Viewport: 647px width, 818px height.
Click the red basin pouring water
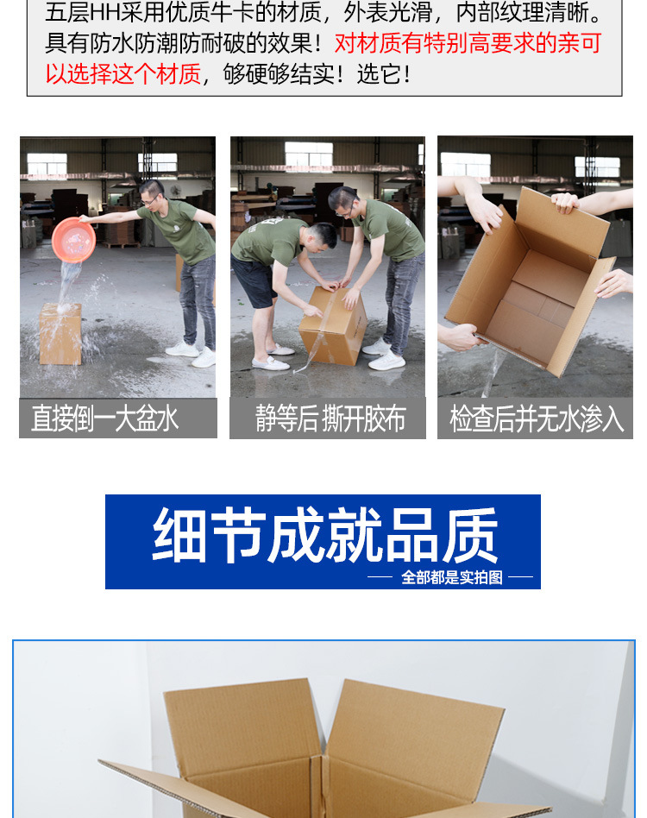(73, 240)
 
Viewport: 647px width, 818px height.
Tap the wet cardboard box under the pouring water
(60, 334)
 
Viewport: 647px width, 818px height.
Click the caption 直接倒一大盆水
(104, 418)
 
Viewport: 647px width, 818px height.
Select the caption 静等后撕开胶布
(330, 418)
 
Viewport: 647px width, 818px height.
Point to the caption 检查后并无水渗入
(536, 418)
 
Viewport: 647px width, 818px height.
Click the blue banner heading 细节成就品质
(324, 535)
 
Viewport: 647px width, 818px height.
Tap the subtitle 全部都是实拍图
(451, 577)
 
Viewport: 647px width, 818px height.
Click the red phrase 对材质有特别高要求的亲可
(468, 43)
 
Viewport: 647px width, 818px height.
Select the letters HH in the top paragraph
(104, 13)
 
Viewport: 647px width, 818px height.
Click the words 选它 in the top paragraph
(379, 74)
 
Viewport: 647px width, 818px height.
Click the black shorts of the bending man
(254, 280)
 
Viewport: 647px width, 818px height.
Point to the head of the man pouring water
(151, 193)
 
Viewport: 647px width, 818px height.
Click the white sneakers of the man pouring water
(191, 354)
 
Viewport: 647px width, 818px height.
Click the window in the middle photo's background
(309, 154)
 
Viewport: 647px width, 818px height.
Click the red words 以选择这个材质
(123, 74)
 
